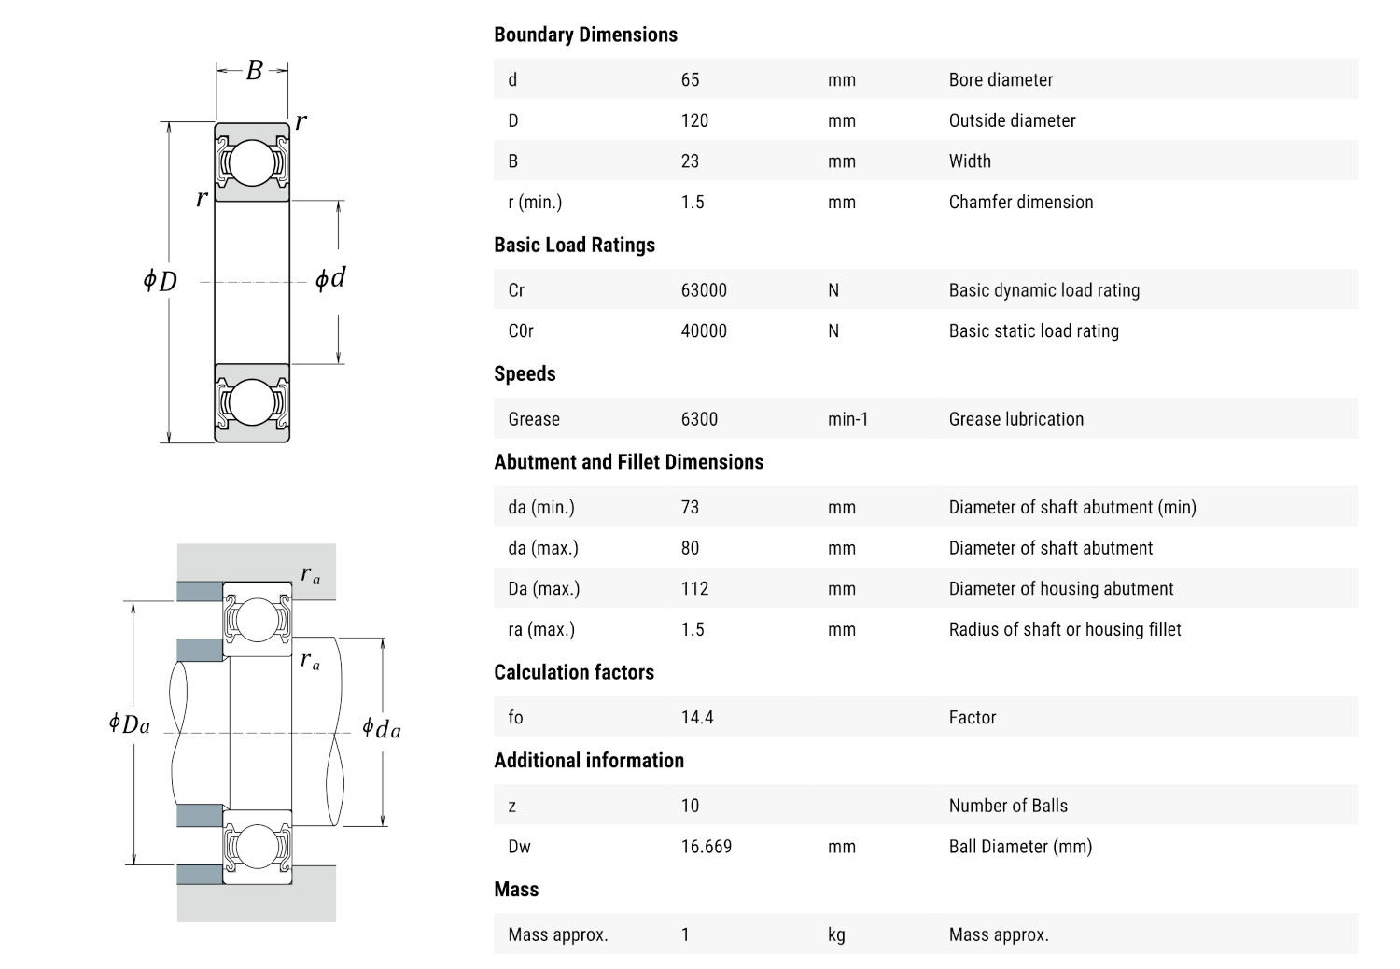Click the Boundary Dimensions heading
585,35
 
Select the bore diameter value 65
690,79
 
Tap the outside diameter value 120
694,120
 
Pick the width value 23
690,161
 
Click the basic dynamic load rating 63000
704,289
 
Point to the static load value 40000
704,330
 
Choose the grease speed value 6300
699,419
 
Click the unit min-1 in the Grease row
847,419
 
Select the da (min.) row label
541,507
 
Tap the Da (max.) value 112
694,588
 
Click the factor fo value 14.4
697,717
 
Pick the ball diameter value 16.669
707,846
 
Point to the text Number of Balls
1008,806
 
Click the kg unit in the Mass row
836,934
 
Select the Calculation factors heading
574,672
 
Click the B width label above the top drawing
254,70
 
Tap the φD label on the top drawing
160,280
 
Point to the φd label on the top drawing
330,278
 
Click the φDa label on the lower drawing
129,723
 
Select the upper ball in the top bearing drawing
252,161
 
